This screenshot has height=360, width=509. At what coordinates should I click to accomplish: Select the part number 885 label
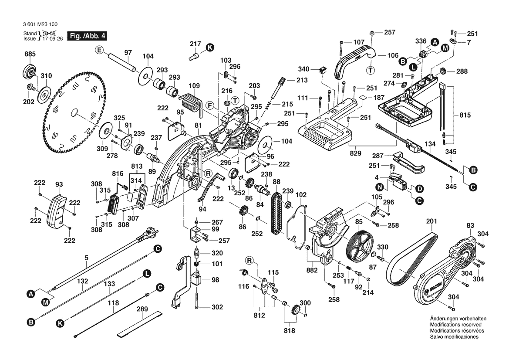[x=30, y=54]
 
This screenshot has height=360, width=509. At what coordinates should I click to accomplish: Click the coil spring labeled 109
[x=190, y=103]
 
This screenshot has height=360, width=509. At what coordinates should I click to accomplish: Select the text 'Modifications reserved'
[x=455, y=325]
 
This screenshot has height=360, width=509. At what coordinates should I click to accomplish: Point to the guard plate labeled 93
[x=57, y=211]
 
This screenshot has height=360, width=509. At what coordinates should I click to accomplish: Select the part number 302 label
[x=217, y=307]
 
